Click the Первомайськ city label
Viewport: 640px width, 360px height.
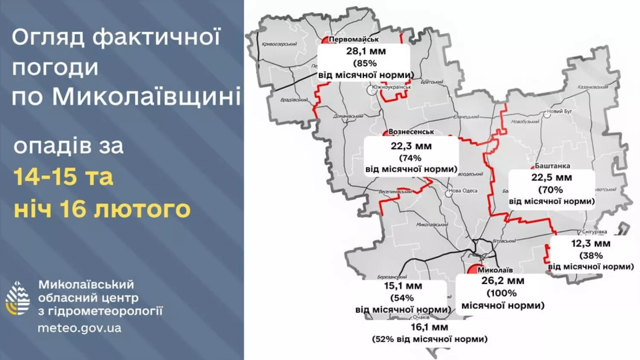pos(354,40)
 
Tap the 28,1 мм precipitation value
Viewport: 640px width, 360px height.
pos(366,51)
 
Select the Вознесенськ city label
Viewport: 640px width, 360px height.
pos(411,132)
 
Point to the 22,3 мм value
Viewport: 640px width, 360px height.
pos(411,146)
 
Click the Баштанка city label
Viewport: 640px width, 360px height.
pos(552,166)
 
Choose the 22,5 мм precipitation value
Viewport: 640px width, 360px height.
pos(551,177)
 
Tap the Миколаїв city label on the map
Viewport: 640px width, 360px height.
pos(495,270)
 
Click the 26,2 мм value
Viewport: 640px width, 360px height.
pos(503,281)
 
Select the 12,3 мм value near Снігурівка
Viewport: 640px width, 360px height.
pos(591,244)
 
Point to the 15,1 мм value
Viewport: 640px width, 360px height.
pos(403,286)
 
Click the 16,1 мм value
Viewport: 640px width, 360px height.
pos(429,327)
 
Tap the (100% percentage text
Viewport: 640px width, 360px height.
pos(502,293)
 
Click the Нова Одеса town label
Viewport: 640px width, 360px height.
pos(463,191)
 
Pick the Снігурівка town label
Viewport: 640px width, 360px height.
pos(594,232)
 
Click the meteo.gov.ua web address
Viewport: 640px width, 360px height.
pos(79,328)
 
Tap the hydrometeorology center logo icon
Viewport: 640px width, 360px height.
pos(17,298)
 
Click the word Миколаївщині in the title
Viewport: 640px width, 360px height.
pos(147,96)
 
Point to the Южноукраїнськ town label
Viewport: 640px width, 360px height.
pos(391,87)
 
